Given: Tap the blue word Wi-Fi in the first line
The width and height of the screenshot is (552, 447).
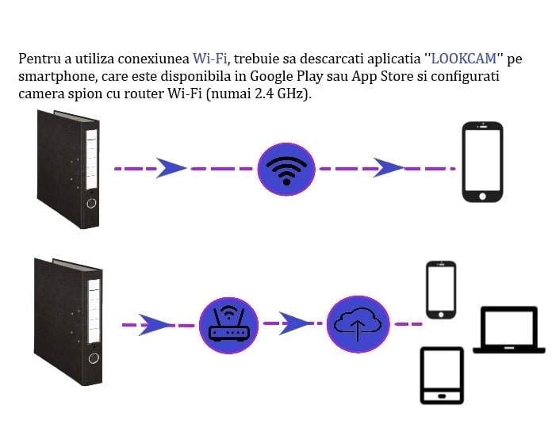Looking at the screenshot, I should click(x=209, y=59).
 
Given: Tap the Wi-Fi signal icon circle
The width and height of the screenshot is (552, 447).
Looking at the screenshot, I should click(x=286, y=169).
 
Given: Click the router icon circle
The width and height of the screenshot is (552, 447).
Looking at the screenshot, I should click(x=228, y=323).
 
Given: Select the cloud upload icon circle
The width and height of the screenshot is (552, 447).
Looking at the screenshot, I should click(x=358, y=323).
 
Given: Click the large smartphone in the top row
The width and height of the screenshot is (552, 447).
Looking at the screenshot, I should click(x=482, y=162).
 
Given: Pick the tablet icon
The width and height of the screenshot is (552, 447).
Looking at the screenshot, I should click(x=443, y=376).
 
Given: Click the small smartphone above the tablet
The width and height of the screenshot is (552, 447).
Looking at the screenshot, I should click(x=442, y=290).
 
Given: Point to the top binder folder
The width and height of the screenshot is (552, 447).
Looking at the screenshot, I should click(x=69, y=169).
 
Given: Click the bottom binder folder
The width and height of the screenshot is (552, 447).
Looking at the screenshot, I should click(x=68, y=321).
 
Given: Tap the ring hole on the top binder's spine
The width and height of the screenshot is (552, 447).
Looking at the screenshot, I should click(x=91, y=203).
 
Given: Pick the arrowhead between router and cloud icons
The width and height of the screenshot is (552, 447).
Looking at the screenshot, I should click(x=295, y=323).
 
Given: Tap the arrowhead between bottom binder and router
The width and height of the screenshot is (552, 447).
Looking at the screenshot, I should click(x=156, y=324).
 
